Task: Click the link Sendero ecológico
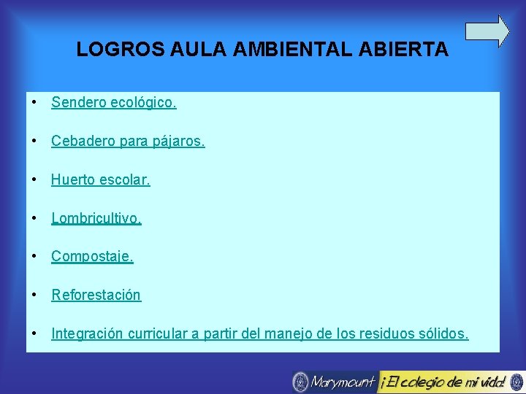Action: point(114,102)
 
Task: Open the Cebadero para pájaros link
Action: point(128,141)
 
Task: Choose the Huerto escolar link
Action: point(101,179)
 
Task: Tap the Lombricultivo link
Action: point(96,218)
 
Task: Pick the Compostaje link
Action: point(92,257)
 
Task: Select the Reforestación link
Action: point(96,295)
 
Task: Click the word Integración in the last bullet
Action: point(87,334)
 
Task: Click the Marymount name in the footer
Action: point(342,382)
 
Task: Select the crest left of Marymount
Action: point(300,382)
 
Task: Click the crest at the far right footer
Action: point(517,382)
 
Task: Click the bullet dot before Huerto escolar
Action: point(34,179)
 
